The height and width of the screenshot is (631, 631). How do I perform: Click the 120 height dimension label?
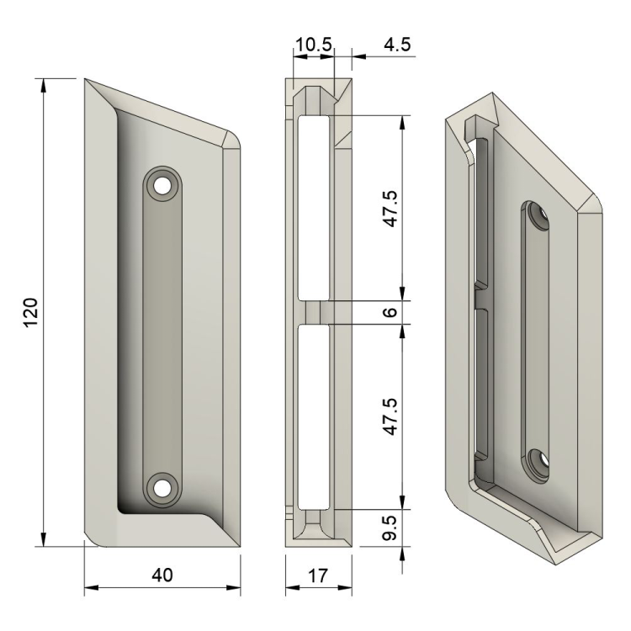point(31,312)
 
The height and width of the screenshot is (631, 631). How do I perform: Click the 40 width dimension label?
point(162,575)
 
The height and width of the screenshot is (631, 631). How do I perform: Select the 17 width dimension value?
point(318,575)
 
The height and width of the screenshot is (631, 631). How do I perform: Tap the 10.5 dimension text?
point(314,45)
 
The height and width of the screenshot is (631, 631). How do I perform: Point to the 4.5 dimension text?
point(397,45)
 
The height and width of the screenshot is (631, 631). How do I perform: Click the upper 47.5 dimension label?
point(390,209)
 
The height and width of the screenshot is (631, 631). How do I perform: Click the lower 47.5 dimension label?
point(390,416)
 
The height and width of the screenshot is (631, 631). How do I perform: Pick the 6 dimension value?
point(390,312)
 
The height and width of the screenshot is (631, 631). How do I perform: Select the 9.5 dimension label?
point(390,528)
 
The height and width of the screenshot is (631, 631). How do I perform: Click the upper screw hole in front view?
point(162,186)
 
